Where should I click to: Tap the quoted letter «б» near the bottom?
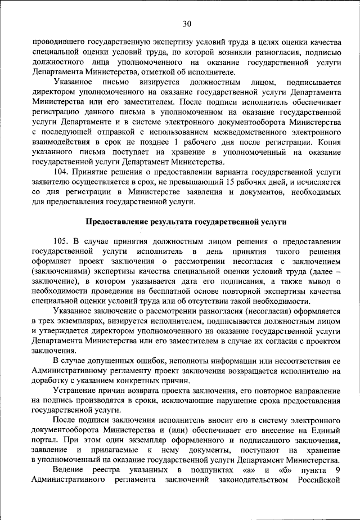point(286,470)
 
